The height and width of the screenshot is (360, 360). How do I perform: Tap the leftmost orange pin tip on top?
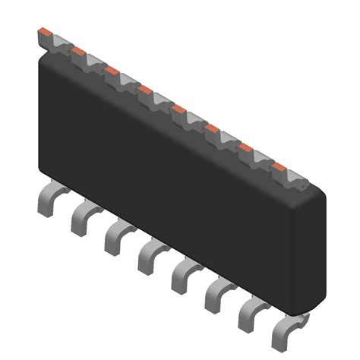tap(45, 33)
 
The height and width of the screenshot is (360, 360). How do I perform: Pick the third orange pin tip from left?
tap(112, 71)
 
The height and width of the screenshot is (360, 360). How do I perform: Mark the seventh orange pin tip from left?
tap(246, 147)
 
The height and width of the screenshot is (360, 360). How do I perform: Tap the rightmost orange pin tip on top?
tap(279, 166)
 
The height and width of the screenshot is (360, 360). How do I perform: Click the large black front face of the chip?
tap(167, 182)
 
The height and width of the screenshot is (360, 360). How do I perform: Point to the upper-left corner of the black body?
tap(44, 62)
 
